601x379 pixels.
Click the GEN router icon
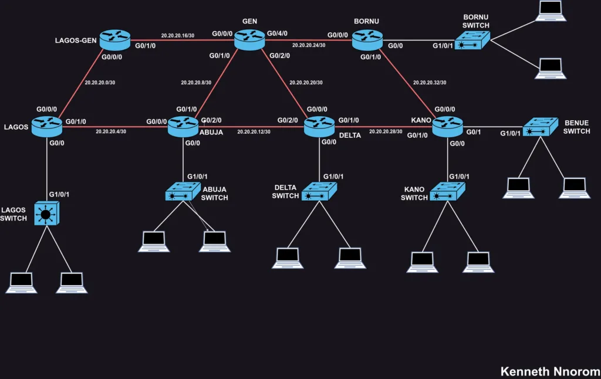tap(250, 40)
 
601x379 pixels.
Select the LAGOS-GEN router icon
tap(114, 39)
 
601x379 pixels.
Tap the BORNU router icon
tap(367, 40)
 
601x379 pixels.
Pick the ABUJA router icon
tap(183, 126)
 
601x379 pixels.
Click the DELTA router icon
tap(320, 126)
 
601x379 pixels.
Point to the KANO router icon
tap(448, 126)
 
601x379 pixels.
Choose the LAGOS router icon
tap(47, 126)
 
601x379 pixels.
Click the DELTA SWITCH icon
tap(319, 191)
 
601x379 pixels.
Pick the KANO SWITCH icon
tap(448, 191)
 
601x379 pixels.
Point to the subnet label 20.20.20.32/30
tap(429, 83)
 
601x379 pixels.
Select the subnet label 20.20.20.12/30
tap(254, 131)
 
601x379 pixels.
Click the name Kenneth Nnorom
tap(550, 371)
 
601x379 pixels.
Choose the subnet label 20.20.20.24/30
tap(308, 45)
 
